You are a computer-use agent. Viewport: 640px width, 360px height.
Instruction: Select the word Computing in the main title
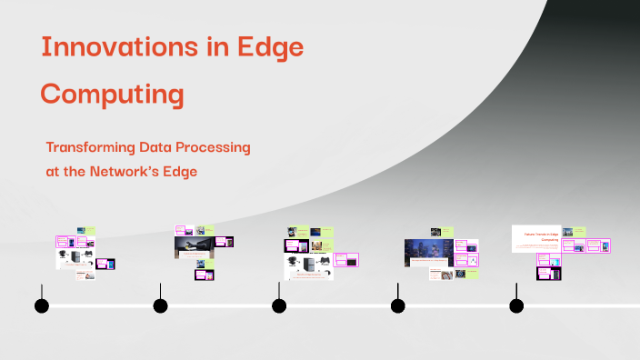click(113, 95)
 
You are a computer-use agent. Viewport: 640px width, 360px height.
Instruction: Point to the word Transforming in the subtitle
click(90, 146)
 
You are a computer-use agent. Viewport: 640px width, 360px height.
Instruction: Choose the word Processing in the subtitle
click(215, 146)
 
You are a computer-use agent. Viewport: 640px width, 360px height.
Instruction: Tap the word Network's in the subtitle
click(132, 170)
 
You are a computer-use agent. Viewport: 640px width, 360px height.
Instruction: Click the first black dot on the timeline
click(41, 305)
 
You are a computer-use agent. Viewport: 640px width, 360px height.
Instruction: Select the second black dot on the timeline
click(160, 305)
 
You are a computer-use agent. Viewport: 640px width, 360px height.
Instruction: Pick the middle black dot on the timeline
click(279, 305)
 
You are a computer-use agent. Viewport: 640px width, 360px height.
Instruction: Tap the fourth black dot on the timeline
click(397, 305)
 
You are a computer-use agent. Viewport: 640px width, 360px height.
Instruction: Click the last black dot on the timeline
click(516, 305)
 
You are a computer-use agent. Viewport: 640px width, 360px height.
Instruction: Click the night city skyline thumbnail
click(428, 252)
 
